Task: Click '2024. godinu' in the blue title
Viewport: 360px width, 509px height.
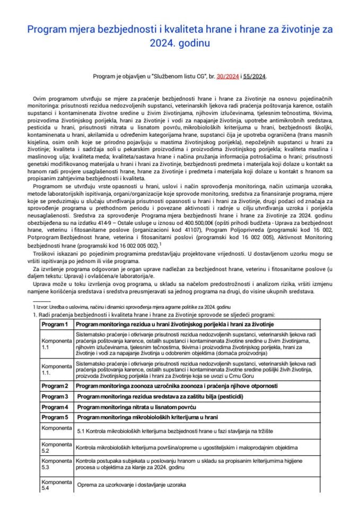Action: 180,43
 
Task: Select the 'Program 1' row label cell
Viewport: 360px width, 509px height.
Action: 56,323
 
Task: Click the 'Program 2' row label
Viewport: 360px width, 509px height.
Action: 56,385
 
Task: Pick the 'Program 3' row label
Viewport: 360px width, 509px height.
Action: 56,397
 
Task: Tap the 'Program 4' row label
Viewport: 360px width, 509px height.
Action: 56,407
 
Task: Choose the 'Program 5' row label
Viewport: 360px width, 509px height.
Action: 56,417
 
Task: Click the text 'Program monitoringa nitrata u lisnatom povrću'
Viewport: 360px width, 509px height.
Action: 137,407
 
